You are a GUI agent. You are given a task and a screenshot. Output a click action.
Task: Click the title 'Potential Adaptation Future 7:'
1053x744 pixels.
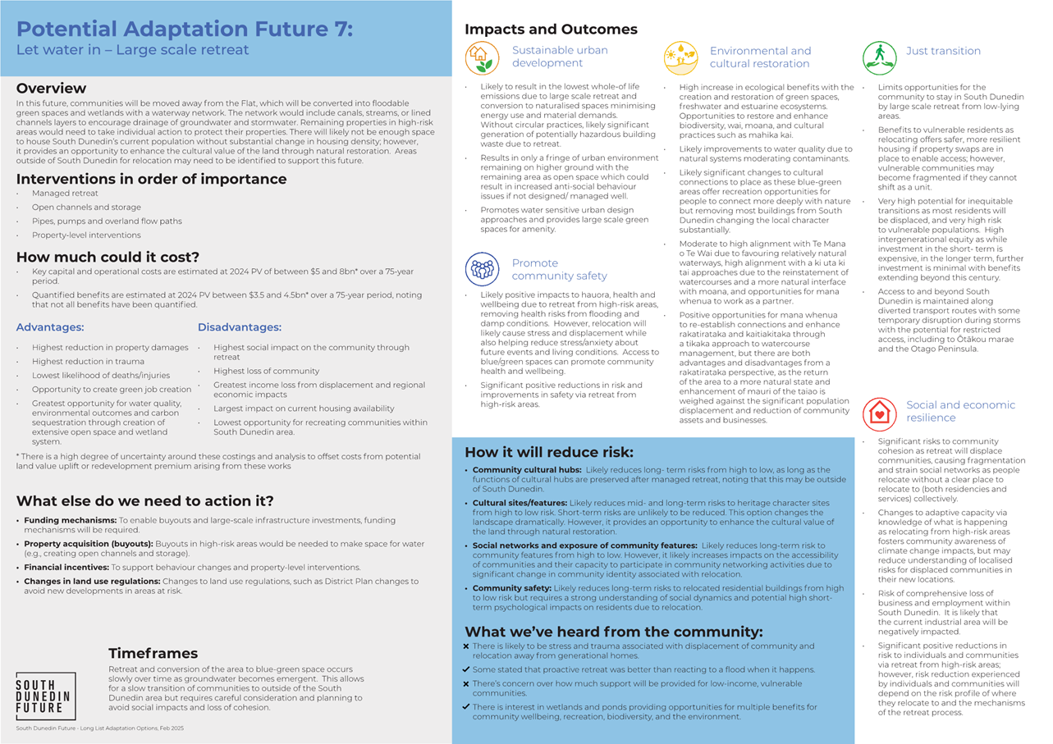click(x=185, y=30)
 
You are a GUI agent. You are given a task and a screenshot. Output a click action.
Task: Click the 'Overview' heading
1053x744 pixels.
click(x=51, y=88)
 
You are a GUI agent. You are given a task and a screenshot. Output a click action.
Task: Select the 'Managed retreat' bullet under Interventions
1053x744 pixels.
click(x=65, y=194)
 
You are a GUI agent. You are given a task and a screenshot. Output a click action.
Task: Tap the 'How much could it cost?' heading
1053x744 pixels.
click(x=108, y=257)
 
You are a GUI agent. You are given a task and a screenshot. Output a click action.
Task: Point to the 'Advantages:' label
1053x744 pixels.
click(x=49, y=327)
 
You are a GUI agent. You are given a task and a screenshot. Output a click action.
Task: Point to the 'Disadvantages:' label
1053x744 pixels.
click(x=239, y=327)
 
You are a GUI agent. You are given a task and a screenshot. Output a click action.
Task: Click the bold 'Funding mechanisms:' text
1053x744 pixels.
click(x=71, y=520)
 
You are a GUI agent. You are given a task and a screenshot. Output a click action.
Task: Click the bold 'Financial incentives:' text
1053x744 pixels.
click(x=67, y=567)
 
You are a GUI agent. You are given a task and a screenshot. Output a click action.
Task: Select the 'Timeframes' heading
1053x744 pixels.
click(x=153, y=653)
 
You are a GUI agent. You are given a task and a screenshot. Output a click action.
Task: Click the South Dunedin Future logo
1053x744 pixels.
click(x=46, y=696)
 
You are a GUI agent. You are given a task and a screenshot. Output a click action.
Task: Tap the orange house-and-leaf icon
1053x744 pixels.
click(x=482, y=58)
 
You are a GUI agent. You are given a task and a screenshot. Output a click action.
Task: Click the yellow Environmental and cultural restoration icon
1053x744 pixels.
click(x=680, y=58)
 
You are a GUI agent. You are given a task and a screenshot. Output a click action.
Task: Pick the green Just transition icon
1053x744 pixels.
click(x=879, y=58)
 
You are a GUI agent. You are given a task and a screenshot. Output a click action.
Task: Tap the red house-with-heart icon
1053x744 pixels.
click(x=879, y=412)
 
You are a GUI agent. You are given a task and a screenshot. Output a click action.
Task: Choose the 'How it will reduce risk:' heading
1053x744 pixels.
click(x=548, y=452)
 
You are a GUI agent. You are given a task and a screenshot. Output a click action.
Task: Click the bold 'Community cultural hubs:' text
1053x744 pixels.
click(x=527, y=470)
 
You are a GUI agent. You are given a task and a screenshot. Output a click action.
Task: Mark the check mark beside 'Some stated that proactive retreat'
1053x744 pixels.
click(x=466, y=669)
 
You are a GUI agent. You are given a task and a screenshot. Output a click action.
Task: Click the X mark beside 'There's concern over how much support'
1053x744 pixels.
click(x=466, y=683)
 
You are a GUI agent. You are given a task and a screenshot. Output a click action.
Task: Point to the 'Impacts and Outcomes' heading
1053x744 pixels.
click(x=551, y=30)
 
